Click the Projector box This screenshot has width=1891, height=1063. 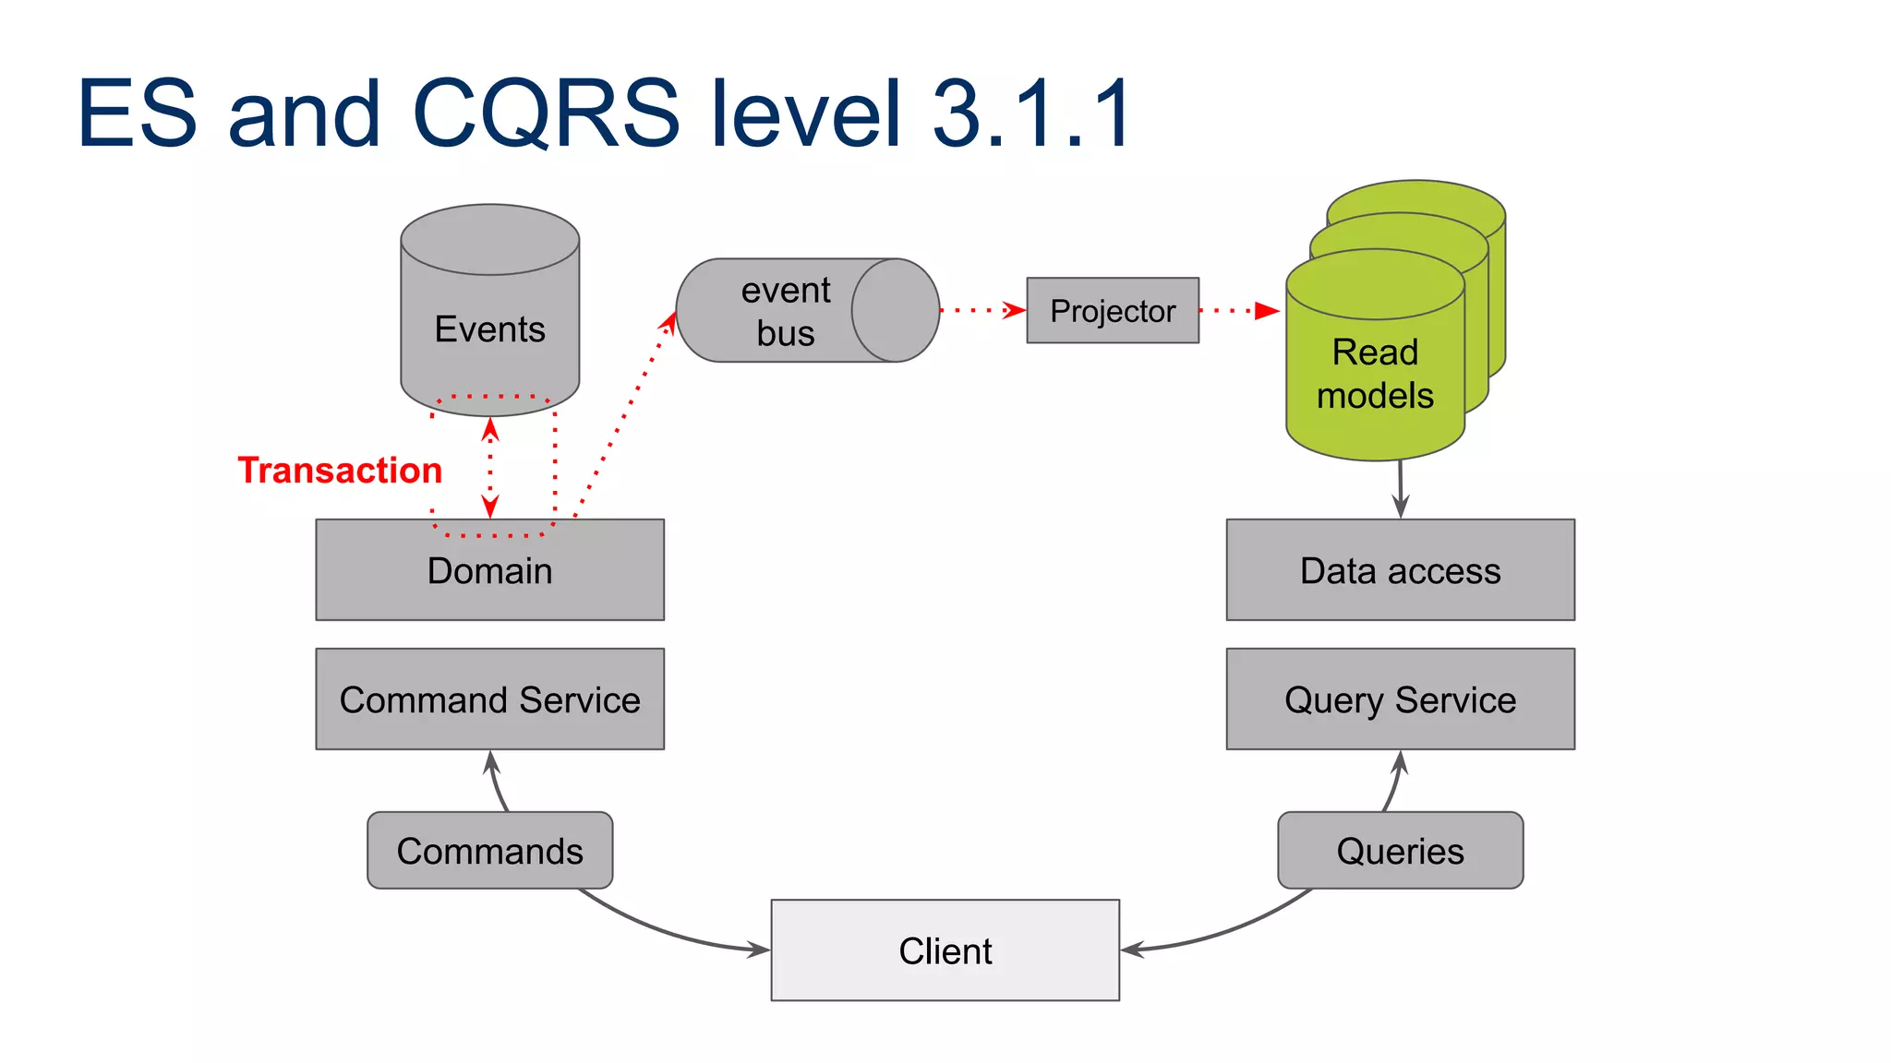1112,311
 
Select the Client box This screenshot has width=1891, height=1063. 945,950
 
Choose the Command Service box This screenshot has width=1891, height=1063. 489,699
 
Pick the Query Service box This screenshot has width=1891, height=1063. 1400,699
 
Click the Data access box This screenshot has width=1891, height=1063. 1400,570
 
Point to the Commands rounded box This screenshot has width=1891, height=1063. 489,851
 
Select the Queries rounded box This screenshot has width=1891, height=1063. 1400,851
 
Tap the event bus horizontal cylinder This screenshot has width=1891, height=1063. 785,311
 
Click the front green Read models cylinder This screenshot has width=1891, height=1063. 1375,374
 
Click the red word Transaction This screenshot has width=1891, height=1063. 340,471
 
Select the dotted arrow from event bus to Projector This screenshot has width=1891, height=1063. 982,311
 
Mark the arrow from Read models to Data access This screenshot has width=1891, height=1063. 1401,489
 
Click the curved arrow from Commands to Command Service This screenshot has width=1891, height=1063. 497,782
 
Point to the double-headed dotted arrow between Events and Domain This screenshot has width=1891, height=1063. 490,467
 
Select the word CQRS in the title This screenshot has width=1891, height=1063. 545,114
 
